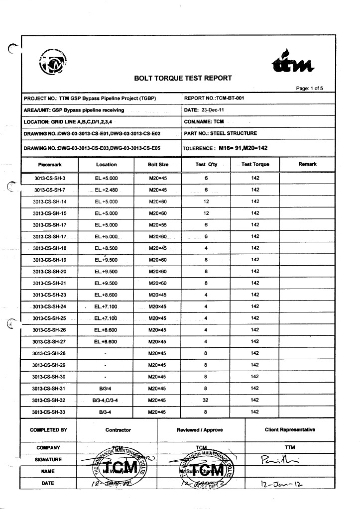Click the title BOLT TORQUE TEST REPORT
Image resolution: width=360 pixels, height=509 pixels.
[183, 78]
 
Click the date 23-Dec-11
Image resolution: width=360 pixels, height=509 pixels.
[214, 110]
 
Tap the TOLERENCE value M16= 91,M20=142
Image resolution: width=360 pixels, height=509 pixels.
[243, 148]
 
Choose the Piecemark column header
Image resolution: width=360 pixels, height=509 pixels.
[49, 165]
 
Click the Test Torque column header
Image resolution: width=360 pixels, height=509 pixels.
[255, 165]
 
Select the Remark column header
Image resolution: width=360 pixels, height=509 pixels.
[307, 164]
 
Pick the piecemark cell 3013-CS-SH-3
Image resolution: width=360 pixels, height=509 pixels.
[49, 178]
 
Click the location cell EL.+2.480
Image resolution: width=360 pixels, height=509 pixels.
[106, 190]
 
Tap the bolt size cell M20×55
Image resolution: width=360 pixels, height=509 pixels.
[158, 225]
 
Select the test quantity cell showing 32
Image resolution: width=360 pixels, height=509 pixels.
[206, 400]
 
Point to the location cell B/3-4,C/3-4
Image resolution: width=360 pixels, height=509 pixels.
[106, 400]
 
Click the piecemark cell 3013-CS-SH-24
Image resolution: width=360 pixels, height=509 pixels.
[49, 306]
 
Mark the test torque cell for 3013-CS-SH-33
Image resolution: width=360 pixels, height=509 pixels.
[255, 412]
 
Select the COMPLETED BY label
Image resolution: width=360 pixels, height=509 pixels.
[48, 430]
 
